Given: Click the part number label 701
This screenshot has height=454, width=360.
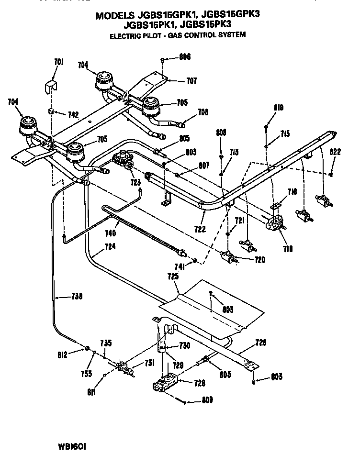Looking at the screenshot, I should pyautogui.click(x=58, y=62).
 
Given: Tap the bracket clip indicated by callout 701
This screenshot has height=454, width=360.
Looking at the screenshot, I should pyautogui.click(x=49, y=88).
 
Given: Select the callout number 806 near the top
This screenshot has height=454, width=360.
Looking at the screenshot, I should pyautogui.click(x=184, y=57).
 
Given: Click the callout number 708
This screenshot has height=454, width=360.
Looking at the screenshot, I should pyautogui.click(x=202, y=113).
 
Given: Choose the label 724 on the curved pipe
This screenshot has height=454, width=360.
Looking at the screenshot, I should pyautogui.click(x=110, y=248).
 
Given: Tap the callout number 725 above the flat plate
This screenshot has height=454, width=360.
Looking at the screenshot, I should pyautogui.click(x=173, y=277).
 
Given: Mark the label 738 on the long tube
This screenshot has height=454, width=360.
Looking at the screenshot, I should pyautogui.click(x=76, y=297).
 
